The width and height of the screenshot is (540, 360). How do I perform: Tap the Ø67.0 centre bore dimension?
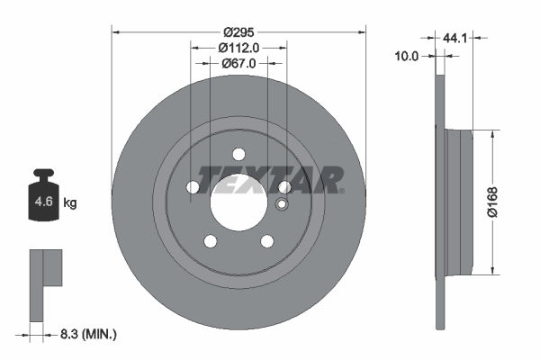[238, 63]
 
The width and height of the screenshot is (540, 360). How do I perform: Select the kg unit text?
[70, 203]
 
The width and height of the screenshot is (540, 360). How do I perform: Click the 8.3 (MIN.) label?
[87, 334]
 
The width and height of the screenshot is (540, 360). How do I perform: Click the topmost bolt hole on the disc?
[238, 153]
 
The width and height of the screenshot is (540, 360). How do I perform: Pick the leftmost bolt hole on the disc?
[193, 186]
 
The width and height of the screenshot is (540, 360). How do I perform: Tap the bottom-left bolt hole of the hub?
[210, 240]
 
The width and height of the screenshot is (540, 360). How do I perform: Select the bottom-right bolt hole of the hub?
[267, 240]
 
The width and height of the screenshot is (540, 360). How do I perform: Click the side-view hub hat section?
[460, 201]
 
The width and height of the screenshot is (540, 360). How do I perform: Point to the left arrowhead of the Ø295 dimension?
[115, 32]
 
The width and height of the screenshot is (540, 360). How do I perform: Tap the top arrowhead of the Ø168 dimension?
[492, 133]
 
